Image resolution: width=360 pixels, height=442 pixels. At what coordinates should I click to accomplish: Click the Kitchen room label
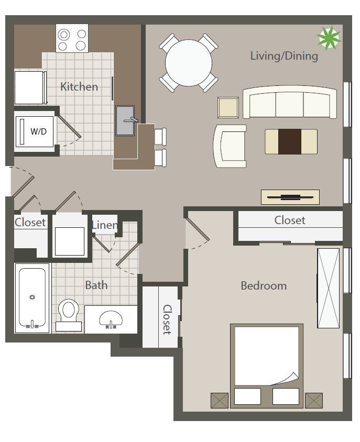(79, 86)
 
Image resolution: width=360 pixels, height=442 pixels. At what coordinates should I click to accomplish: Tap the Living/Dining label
(284, 56)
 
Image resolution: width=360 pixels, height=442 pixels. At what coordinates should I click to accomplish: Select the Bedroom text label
(264, 286)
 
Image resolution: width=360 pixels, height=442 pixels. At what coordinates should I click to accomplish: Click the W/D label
(38, 131)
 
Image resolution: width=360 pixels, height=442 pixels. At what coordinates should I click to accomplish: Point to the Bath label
(96, 285)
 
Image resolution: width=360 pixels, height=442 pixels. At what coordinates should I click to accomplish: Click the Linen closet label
(105, 225)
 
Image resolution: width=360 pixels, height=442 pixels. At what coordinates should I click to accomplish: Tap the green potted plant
(329, 38)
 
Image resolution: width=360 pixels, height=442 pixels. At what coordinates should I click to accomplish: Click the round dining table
(189, 63)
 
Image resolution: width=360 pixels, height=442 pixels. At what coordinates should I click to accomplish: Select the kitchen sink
(125, 120)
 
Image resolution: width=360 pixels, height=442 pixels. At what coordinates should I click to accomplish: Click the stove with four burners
(72, 38)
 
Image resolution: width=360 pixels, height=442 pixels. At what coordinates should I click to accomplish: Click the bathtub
(32, 298)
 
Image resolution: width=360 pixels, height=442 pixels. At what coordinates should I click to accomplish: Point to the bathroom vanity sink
(111, 319)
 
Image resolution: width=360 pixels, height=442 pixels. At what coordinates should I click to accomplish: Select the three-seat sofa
(290, 102)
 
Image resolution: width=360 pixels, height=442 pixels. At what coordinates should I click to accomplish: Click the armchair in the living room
(230, 146)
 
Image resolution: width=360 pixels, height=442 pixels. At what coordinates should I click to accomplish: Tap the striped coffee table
(291, 141)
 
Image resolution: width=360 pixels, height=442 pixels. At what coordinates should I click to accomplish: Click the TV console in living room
(290, 197)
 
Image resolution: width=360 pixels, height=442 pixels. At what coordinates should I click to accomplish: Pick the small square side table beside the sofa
(228, 107)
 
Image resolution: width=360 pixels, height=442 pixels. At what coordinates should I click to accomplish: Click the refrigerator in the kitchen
(30, 87)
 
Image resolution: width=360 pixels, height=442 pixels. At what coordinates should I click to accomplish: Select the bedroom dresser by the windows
(329, 288)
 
